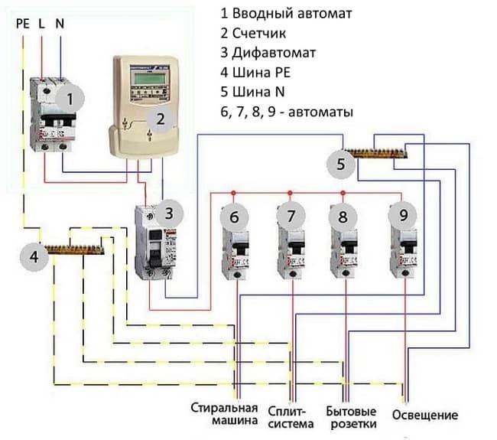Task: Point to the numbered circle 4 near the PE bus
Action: pyautogui.click(x=33, y=257)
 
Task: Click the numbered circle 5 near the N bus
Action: pyautogui.click(x=341, y=163)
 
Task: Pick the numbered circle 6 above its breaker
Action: pyautogui.click(x=235, y=217)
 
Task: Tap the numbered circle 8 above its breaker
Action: pyautogui.click(x=343, y=217)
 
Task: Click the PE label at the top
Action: pyautogui.click(x=23, y=24)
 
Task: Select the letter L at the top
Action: pyautogui.click(x=41, y=24)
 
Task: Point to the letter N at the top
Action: pyautogui.click(x=59, y=24)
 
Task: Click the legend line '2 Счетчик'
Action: pyautogui.click(x=255, y=34)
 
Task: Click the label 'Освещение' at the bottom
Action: pyautogui.click(x=424, y=416)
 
